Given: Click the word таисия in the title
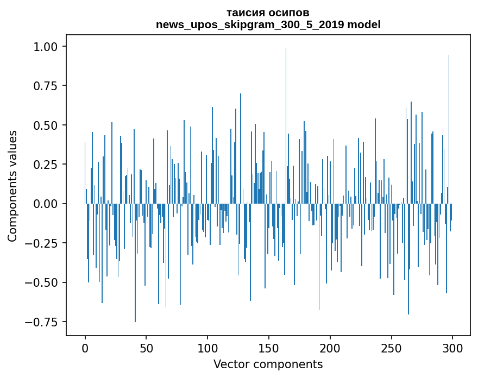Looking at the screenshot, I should (x=247, y=12).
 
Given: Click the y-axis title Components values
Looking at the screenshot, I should (x=12, y=186).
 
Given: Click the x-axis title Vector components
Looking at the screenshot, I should (x=268, y=364).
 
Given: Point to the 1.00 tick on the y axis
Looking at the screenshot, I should (x=46, y=47).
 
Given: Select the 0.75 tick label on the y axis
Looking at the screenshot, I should (x=46, y=86).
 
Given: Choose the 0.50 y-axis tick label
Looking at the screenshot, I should (x=46, y=125).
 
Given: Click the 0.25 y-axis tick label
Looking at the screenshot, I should (x=46, y=165).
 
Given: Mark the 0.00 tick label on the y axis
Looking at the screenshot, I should (x=46, y=204).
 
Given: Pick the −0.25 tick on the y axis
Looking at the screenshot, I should (x=42, y=243).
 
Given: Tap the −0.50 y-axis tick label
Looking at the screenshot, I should (x=42, y=282).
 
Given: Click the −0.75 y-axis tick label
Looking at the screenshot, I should (x=42, y=322).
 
